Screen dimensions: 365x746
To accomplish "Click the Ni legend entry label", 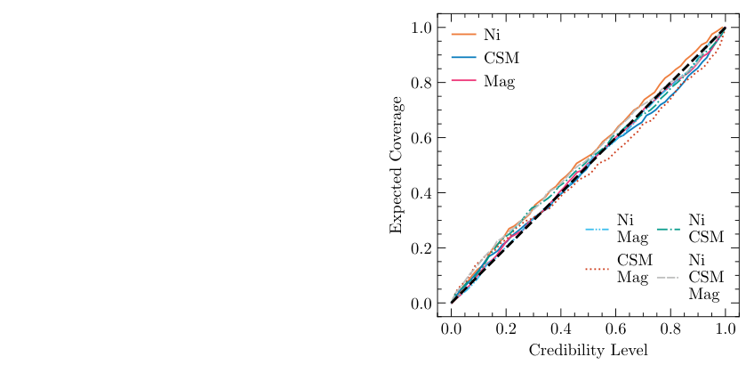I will point(490,35).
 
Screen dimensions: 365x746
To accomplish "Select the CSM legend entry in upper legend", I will point(501,58).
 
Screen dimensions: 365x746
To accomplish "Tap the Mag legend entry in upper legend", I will point(499,82).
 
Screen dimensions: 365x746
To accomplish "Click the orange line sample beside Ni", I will point(465,35).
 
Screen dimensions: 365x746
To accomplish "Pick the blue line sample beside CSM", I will point(465,58).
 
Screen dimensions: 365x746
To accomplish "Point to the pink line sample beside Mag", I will point(465,81).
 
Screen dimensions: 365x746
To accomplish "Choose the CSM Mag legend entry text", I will point(635,268).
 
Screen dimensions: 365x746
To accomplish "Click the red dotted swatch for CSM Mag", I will point(598,268).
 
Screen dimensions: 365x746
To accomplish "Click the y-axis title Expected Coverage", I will point(396,166).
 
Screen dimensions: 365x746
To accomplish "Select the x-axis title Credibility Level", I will point(589,350).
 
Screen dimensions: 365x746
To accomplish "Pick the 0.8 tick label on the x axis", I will point(671,328).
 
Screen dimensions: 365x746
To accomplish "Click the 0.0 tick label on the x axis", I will point(452,328).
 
